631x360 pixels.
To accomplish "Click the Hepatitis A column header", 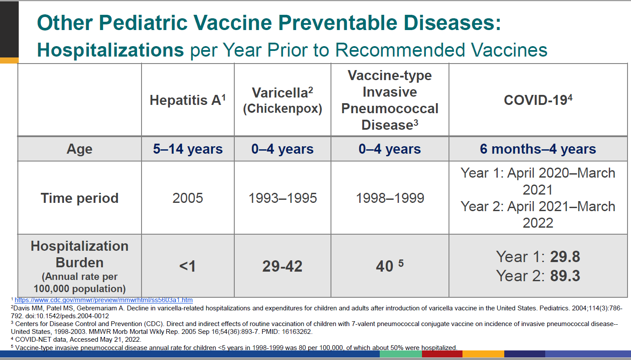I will click(188, 101).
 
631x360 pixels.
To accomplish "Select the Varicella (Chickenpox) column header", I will click(283, 101).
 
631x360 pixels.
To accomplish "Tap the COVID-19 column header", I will click(538, 101).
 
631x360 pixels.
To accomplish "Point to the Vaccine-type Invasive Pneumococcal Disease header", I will click(390, 100).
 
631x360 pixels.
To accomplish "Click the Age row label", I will click(79, 149).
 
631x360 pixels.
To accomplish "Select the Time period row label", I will click(79, 198).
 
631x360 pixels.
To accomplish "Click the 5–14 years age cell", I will click(188, 149).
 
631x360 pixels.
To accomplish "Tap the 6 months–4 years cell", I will click(538, 149).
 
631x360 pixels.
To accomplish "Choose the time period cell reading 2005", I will click(188, 199).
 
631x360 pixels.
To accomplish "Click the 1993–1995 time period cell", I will click(283, 199).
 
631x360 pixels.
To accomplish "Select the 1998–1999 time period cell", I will click(390, 199).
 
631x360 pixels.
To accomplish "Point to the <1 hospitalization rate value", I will click(188, 266).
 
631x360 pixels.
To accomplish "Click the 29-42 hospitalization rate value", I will click(282, 266).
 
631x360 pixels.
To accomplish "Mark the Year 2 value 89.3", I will click(565, 276).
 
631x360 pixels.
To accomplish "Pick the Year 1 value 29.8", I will click(565, 257).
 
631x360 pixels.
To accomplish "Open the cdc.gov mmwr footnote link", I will click(104, 300).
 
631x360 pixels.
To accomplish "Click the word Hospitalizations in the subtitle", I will click(111, 50).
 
